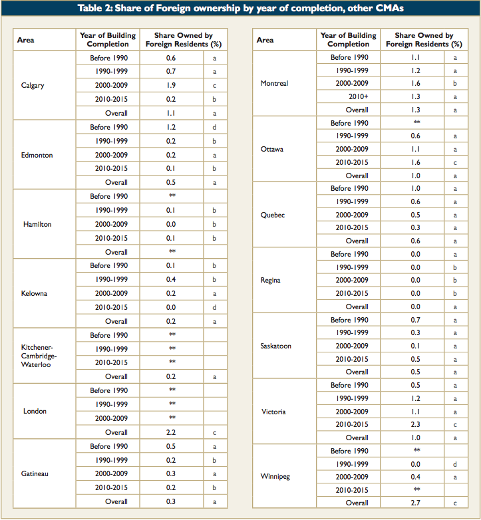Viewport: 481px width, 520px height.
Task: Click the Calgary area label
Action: click(x=33, y=86)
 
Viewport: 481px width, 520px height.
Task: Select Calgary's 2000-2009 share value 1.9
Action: click(x=171, y=85)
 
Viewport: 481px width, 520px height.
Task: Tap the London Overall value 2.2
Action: click(x=171, y=432)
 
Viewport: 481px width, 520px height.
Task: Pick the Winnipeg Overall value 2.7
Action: click(x=415, y=503)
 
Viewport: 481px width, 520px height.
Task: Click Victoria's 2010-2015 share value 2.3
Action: click(x=415, y=424)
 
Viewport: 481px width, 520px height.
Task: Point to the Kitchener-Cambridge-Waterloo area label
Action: click(x=39, y=356)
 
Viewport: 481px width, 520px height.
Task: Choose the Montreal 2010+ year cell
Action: click(x=359, y=96)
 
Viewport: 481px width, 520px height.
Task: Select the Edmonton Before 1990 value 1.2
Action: click(x=171, y=128)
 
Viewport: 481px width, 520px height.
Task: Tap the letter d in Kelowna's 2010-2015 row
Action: click(x=214, y=307)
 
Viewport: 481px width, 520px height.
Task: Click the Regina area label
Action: click(x=270, y=280)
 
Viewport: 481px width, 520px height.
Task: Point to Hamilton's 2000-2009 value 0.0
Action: click(x=171, y=224)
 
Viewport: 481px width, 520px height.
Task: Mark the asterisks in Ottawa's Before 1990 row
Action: click(x=416, y=122)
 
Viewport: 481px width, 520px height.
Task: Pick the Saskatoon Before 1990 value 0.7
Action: click(x=415, y=320)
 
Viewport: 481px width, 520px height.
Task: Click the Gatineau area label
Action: click(x=35, y=473)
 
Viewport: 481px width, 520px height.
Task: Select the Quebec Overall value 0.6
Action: click(x=415, y=241)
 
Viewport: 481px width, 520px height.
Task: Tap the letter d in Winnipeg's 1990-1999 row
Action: click(x=455, y=464)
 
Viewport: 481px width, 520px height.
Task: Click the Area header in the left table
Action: click(x=25, y=40)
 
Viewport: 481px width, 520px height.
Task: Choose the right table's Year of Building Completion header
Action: click(x=349, y=40)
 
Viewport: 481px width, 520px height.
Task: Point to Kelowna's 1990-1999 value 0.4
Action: click(x=171, y=279)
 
